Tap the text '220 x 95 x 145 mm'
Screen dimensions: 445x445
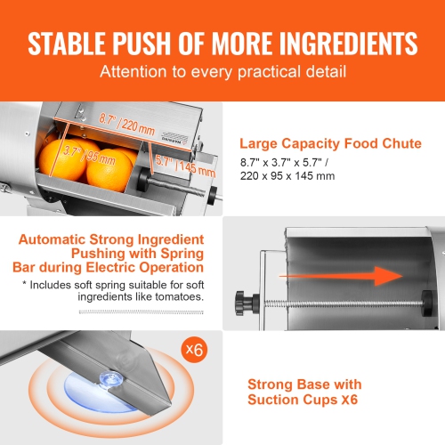click(x=285, y=176)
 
